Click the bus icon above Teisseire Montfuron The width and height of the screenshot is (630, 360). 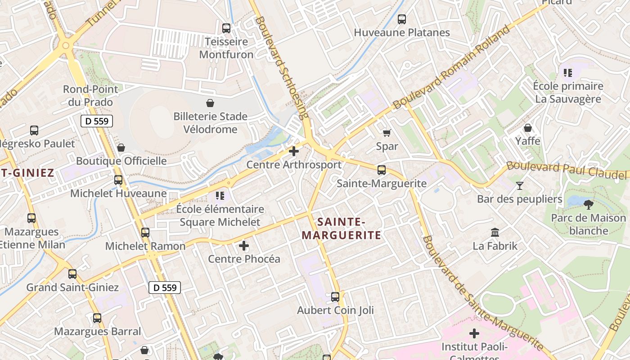point(226,28)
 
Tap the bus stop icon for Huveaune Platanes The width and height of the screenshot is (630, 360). point(402,19)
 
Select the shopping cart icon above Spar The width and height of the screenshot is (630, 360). point(387,133)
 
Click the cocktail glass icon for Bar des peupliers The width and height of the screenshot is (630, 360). point(520,185)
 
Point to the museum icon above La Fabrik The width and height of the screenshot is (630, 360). point(495,233)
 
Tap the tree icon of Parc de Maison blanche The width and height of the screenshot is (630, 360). point(588,205)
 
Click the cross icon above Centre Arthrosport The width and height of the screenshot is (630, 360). point(294,151)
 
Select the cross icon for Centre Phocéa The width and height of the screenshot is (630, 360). point(244,246)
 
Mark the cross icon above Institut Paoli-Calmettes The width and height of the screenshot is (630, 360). point(474,333)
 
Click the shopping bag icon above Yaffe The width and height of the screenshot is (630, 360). point(528,128)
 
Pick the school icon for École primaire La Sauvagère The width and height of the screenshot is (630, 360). point(568,72)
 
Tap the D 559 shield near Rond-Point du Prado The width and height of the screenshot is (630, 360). point(97,121)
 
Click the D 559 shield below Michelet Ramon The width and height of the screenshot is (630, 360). point(165,288)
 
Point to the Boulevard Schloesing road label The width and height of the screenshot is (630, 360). point(282,67)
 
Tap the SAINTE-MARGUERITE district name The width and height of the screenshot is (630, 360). point(341,228)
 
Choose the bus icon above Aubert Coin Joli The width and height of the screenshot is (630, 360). point(335,297)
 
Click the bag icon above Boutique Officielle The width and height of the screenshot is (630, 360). point(121,148)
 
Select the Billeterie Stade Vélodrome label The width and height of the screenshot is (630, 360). point(210,123)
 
